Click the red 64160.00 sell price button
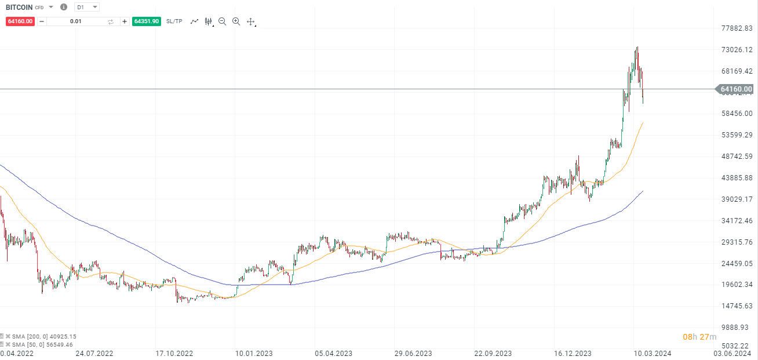point(20,21)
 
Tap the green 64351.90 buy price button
point(146,21)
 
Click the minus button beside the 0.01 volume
point(41,21)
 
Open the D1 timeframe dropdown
point(87,7)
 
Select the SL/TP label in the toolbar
point(174,21)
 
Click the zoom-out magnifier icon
point(222,21)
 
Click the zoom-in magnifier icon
point(236,21)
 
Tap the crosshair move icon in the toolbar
point(251,21)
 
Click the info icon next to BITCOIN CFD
point(64,7)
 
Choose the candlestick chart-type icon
point(209,21)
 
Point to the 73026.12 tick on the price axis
point(736,50)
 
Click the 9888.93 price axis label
point(736,328)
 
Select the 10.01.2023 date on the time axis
point(253,352)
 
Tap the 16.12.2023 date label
point(573,352)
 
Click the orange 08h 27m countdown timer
point(699,337)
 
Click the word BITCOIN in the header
point(19,7)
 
